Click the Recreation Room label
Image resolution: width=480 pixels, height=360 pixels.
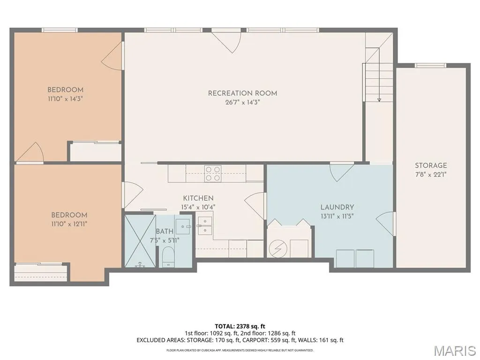tap(242, 93)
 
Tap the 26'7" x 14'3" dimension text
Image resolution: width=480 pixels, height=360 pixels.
tap(242, 102)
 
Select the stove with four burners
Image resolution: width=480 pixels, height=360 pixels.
tap(213, 173)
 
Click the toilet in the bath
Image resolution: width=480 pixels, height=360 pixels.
tap(168, 256)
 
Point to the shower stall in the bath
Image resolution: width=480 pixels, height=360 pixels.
tap(140, 241)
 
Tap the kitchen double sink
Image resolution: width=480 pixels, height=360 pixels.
tap(205, 225)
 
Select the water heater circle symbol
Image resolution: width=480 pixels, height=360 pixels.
tap(278, 248)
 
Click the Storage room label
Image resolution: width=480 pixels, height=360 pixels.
tap(431, 165)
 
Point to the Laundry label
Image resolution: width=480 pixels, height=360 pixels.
tap(337, 207)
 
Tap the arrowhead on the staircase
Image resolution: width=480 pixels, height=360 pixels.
tap(379, 99)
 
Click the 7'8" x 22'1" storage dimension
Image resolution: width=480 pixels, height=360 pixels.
tap(431, 175)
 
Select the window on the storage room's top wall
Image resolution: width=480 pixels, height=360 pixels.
tap(430, 65)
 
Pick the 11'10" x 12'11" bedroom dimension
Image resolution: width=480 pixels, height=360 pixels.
tap(69, 224)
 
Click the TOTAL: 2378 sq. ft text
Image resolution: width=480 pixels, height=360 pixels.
tap(240, 326)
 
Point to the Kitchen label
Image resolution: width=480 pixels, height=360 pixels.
tap(198, 198)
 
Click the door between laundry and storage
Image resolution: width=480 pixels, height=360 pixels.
tap(386, 224)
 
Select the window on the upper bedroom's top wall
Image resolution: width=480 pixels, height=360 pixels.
tap(60, 30)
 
